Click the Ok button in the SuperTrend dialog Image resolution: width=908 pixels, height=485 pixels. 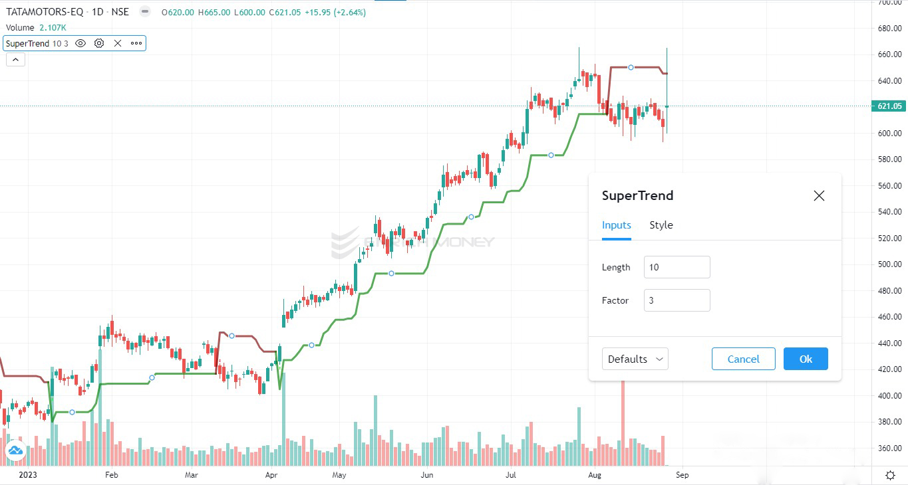click(806, 359)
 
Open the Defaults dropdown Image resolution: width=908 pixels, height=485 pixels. click(635, 359)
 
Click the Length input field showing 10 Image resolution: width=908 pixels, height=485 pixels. click(677, 267)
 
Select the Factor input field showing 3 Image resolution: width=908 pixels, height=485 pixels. click(677, 300)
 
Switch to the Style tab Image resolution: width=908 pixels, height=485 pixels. click(661, 225)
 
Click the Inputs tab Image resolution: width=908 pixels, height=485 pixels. click(616, 225)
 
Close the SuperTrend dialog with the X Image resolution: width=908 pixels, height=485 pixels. click(819, 195)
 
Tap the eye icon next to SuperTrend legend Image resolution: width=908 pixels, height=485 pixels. click(80, 43)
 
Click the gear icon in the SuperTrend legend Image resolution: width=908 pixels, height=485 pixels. click(99, 43)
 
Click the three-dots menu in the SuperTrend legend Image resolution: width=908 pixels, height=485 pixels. click(136, 43)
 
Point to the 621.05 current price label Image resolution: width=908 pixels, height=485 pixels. click(889, 106)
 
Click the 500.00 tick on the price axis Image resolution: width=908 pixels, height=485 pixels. click(889, 264)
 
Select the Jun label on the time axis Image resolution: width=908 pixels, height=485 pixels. click(427, 475)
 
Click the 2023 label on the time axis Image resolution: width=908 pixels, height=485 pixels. click(28, 475)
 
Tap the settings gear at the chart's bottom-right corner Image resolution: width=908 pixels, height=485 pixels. click(890, 475)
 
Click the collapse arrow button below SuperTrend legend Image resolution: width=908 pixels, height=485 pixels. click(15, 60)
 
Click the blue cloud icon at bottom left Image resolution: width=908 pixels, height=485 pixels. click(15, 452)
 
